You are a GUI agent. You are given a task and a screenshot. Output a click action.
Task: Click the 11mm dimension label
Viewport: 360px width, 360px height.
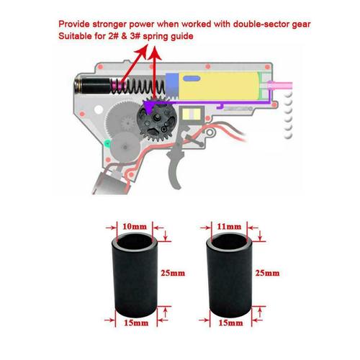click(x=228, y=225)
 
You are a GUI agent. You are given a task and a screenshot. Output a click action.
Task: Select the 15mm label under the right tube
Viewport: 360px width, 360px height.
click(x=228, y=324)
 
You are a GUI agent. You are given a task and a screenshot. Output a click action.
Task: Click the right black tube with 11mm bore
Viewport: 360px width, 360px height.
click(x=229, y=274)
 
